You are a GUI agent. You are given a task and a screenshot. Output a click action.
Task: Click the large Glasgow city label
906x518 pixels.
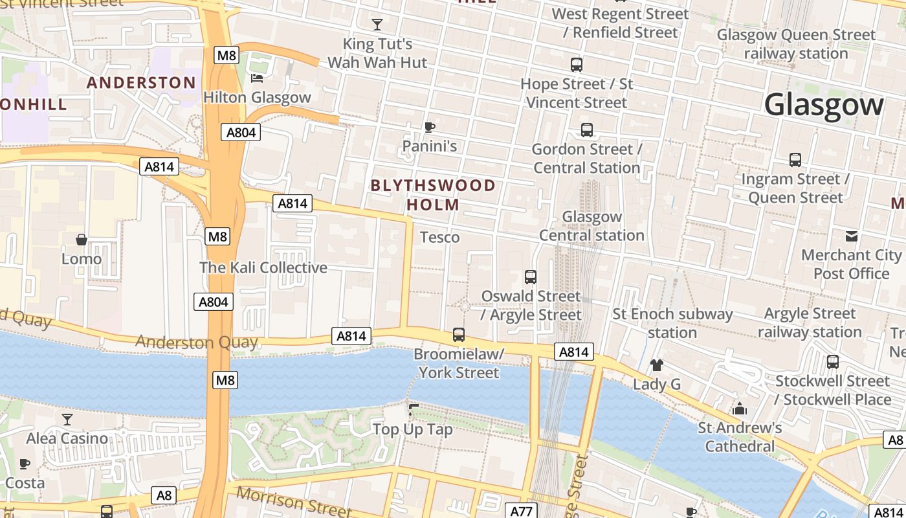(823, 104)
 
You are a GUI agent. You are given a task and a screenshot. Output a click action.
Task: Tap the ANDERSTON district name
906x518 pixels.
(141, 83)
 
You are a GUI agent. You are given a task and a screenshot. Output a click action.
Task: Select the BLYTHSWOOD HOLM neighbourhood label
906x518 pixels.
(433, 195)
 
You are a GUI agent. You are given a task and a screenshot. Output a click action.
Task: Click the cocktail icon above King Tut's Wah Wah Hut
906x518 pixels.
(377, 25)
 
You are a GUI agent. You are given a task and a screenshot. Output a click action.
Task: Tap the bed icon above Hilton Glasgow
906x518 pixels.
(257, 78)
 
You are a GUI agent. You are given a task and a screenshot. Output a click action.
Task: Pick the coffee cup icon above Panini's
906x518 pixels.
(429, 127)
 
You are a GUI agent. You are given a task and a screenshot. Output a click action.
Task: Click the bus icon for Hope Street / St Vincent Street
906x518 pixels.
(577, 65)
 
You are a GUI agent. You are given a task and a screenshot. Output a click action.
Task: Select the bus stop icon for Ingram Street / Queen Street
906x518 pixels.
(795, 159)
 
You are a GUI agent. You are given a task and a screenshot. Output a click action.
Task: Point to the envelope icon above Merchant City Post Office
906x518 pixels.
(852, 236)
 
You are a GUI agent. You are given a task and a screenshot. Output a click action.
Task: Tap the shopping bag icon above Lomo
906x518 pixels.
(82, 240)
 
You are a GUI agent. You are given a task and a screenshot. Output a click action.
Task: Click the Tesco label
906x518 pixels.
(440, 238)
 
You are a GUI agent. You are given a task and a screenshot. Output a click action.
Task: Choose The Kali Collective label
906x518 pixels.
(263, 267)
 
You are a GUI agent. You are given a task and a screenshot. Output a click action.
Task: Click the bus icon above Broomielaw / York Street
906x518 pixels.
(459, 335)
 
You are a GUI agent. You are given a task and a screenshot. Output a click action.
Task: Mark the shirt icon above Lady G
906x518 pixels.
(657, 365)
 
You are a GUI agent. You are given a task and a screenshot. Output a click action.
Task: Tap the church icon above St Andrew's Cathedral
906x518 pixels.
(740, 409)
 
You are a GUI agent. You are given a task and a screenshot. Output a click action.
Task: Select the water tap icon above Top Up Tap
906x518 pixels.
(413, 410)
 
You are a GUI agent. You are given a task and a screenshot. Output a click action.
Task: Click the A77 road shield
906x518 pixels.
(521, 511)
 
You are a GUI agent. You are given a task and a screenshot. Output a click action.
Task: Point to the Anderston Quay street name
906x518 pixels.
(197, 342)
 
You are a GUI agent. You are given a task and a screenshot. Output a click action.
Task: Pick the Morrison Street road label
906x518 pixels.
(294, 502)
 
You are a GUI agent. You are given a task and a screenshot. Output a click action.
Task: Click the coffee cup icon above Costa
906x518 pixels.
(25, 464)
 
